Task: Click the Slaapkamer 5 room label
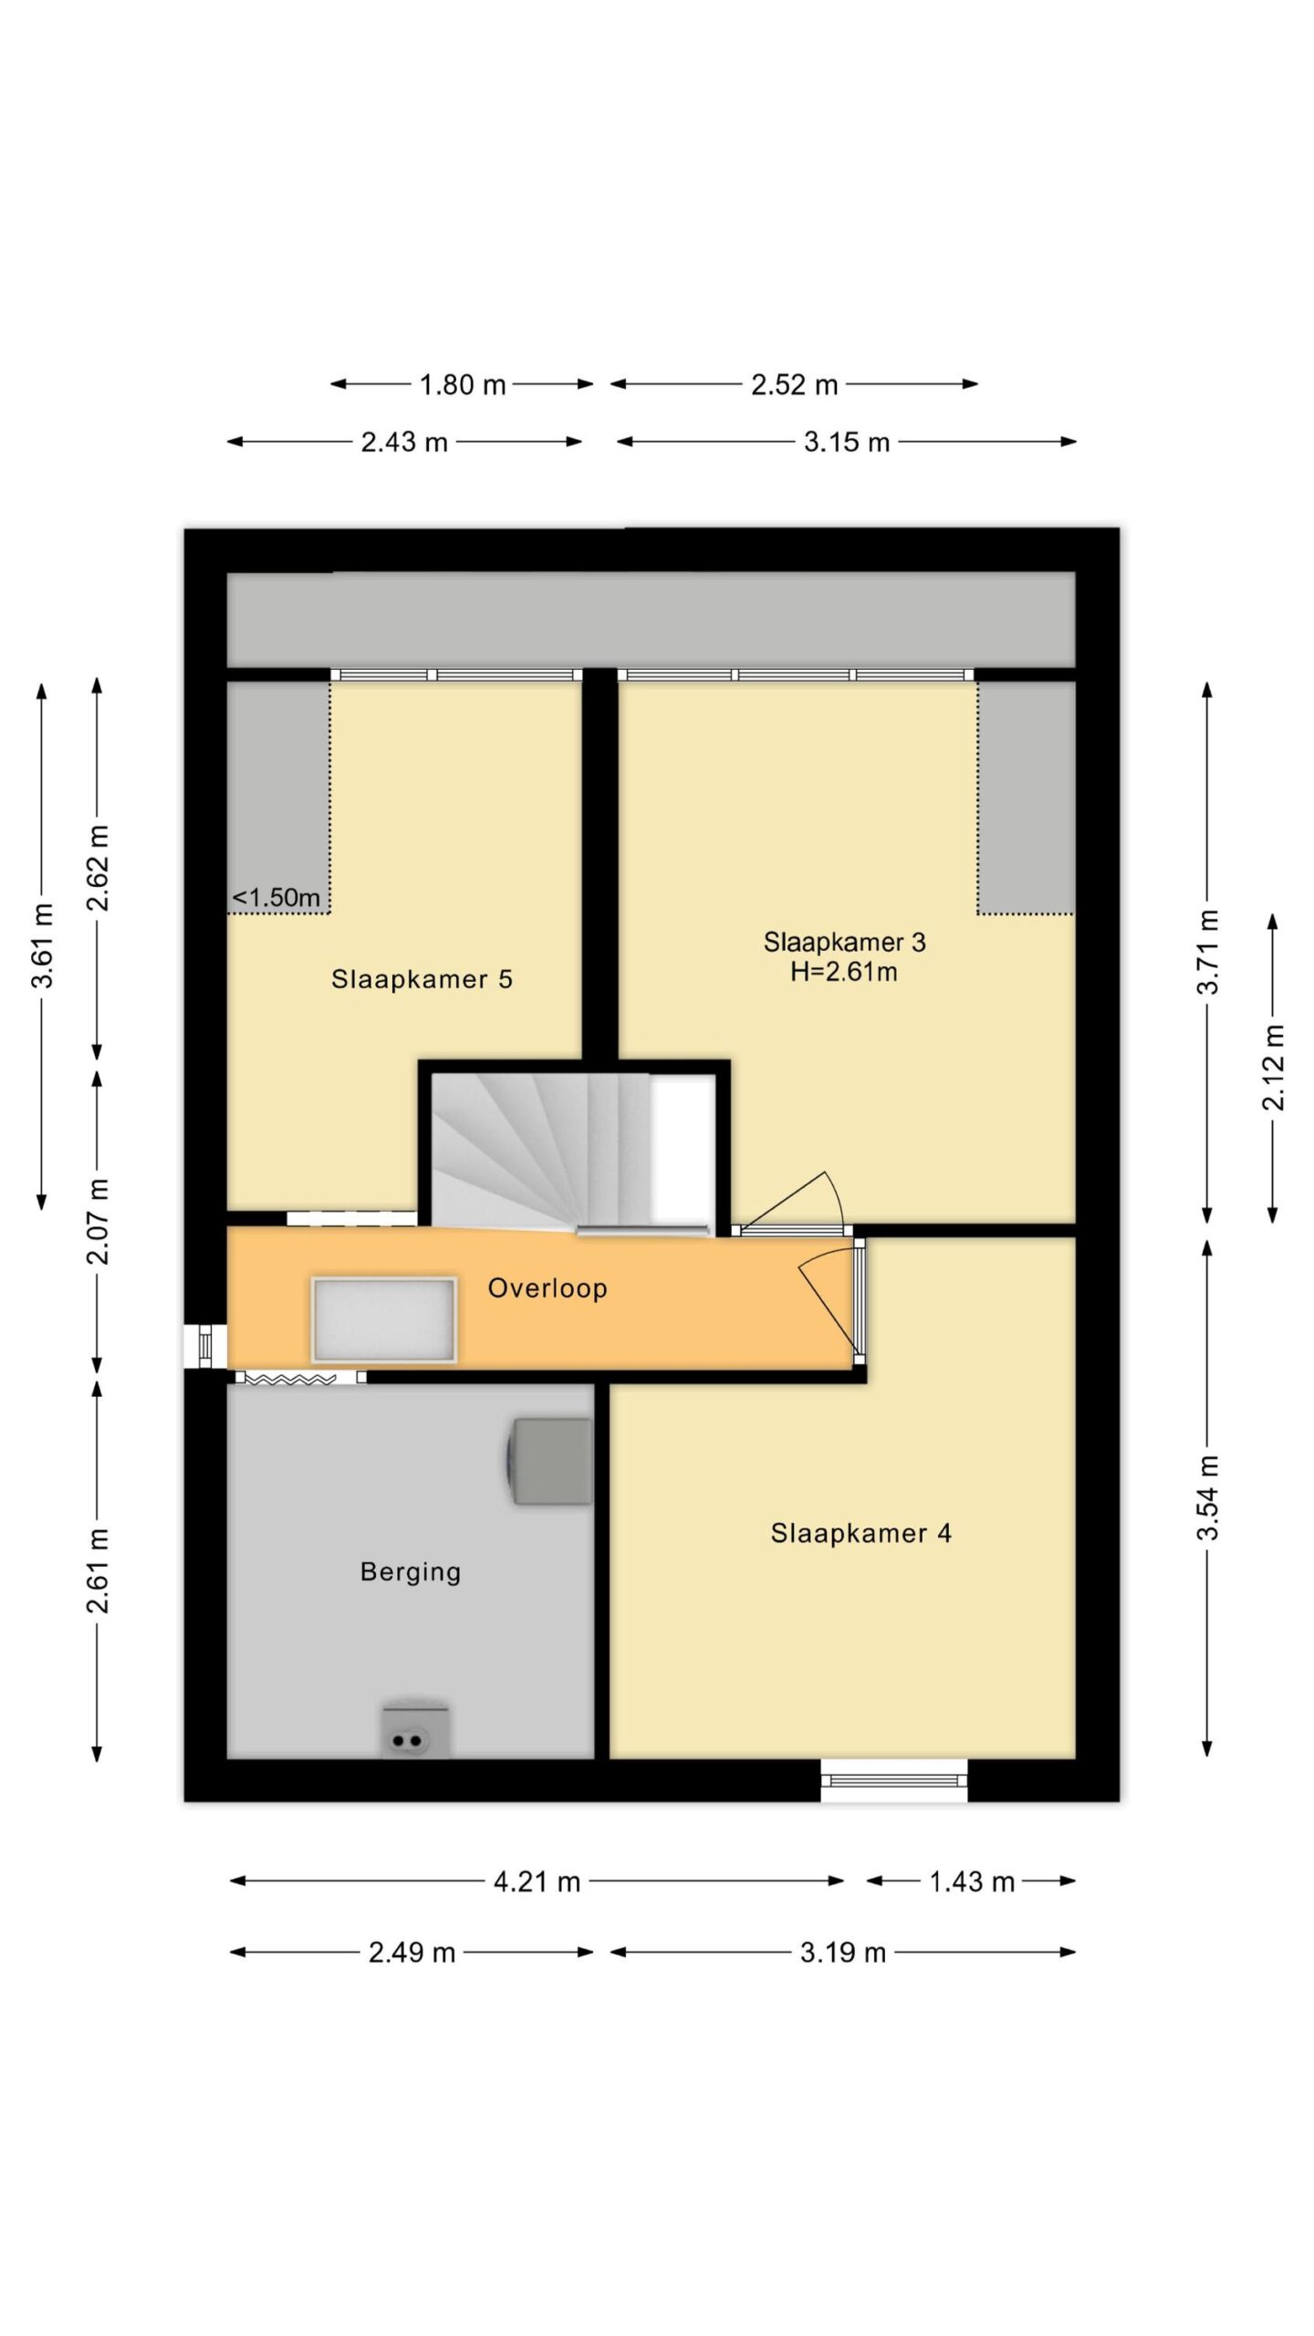422,980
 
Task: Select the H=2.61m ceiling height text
844,973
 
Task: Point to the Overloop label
547,1288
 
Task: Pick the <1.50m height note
276,898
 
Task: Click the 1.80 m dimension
463,385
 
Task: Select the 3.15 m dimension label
847,443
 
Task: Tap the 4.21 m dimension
537,1882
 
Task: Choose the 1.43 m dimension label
972,1882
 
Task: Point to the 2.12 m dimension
1273,1067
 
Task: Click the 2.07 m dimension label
98,1221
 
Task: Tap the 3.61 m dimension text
42,945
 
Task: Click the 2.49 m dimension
412,1953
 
